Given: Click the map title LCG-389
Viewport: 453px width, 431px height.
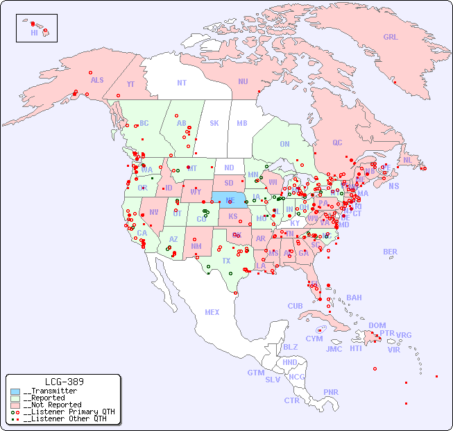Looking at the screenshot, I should click(x=64, y=382).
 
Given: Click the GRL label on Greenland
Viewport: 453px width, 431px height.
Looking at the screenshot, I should click(x=391, y=38).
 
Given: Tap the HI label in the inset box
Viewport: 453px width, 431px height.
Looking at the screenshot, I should click(x=34, y=33).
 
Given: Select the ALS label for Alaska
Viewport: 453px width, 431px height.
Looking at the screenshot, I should click(x=97, y=80).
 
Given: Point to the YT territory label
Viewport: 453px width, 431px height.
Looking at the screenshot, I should click(x=130, y=84).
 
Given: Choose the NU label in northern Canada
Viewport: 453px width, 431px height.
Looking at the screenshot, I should click(x=243, y=81).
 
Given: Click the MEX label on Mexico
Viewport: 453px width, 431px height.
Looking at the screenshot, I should click(x=212, y=312).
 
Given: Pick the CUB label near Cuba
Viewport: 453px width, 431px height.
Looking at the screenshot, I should click(x=295, y=306).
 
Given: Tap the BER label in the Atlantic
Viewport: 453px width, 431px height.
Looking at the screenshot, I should click(x=391, y=252).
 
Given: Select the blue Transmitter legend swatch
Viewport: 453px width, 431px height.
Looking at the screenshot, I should click(x=15, y=391).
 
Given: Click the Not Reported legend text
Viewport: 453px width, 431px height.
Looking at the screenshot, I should click(x=52, y=405).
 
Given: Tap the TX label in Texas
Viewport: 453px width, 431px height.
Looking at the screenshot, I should click(x=226, y=261).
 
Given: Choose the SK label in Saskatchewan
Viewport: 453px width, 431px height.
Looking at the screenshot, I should click(x=214, y=123).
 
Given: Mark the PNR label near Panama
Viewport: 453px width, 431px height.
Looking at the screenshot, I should click(x=331, y=392).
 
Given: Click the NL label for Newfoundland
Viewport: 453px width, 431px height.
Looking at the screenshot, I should click(x=408, y=159).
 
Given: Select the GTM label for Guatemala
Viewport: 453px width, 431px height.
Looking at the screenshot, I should click(x=255, y=373).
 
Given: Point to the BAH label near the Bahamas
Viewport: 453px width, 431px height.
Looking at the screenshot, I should click(x=354, y=298).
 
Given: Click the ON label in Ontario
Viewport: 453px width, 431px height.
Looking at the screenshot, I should click(x=284, y=144).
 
